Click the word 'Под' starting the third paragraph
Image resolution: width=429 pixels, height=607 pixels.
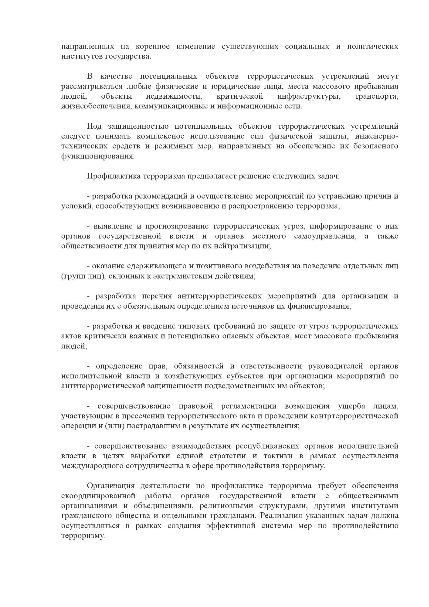(94, 126)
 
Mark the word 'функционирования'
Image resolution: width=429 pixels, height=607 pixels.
(97, 156)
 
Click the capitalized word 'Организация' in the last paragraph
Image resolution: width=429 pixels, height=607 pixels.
(111, 486)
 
